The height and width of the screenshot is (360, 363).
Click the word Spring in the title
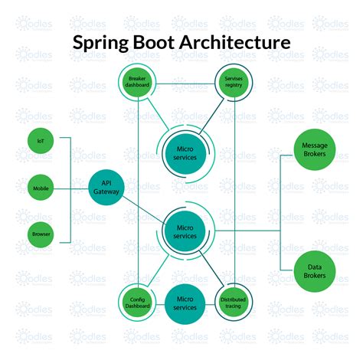(x=104, y=43)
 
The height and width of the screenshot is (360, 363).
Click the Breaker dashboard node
(x=139, y=83)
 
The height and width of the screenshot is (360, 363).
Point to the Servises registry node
(x=233, y=83)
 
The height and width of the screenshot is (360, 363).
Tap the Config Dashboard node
(x=138, y=301)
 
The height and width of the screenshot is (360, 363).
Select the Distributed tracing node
(x=232, y=301)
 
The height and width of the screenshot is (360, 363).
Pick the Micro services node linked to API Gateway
(x=185, y=231)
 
